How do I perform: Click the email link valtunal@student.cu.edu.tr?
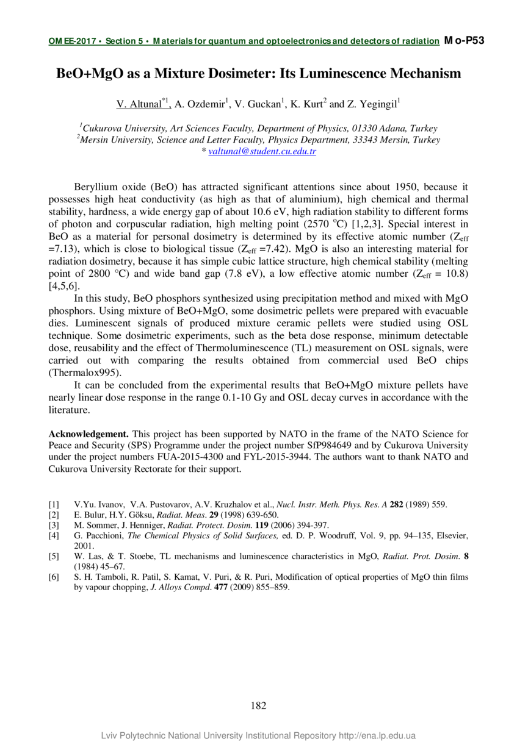262,151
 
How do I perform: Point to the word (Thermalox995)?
89,373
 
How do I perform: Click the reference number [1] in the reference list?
54,504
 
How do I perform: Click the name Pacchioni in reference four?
103,535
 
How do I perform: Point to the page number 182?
258,705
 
